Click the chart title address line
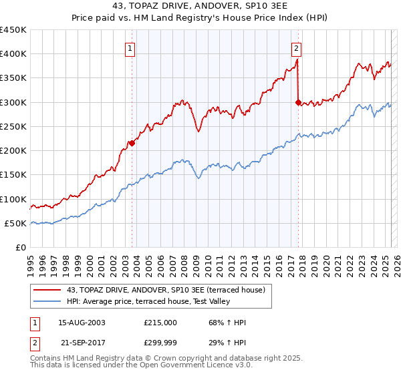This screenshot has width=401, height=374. pyautogui.click(x=200, y=6)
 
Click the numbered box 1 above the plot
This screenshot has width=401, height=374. pyautogui.click(x=130, y=48)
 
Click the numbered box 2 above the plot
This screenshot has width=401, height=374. pyautogui.click(x=295, y=48)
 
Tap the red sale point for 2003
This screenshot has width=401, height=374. pyautogui.click(x=132, y=143)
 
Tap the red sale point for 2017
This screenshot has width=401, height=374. pyautogui.click(x=298, y=102)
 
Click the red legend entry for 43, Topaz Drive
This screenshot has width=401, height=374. pyautogui.click(x=166, y=290)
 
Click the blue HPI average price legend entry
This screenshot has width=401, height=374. pyautogui.click(x=149, y=302)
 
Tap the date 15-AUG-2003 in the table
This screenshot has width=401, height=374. pyautogui.click(x=82, y=323)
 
